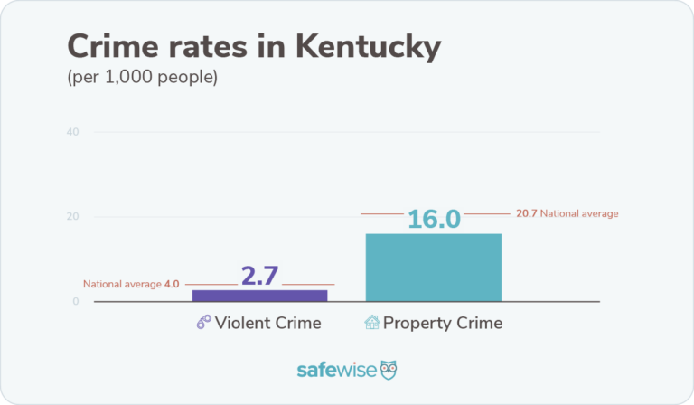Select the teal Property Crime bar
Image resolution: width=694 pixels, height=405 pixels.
tap(433, 267)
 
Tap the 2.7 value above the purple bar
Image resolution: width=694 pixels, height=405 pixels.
tap(259, 276)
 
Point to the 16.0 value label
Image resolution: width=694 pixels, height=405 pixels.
tap(434, 219)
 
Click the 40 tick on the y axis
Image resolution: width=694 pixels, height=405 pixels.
tap(72, 132)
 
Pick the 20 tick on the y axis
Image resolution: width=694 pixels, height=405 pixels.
tap(72, 217)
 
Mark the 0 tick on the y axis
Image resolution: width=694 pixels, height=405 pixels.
tap(76, 301)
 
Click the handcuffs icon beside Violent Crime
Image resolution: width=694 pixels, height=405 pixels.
tap(203, 323)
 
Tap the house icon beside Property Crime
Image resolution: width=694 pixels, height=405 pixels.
tap(371, 323)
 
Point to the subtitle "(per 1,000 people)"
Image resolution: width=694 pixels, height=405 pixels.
tap(143, 78)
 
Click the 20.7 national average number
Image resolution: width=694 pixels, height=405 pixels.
tap(527, 213)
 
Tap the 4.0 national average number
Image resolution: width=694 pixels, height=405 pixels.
tap(171, 283)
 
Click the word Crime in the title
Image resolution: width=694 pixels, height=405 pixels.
tap(113, 47)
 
